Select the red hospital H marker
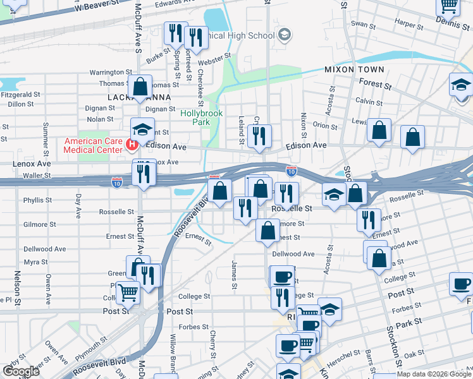pyautogui.click(x=132, y=145)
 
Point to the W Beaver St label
pyautogui.click(x=96, y=6)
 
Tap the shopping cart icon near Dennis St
pyautogui.click(x=448, y=6)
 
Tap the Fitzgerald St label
pyautogui.click(x=20, y=94)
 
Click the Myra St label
pyautogui.click(x=32, y=262)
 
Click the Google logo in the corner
pyautogui.click(x=21, y=371)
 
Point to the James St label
pyautogui.click(x=234, y=276)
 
